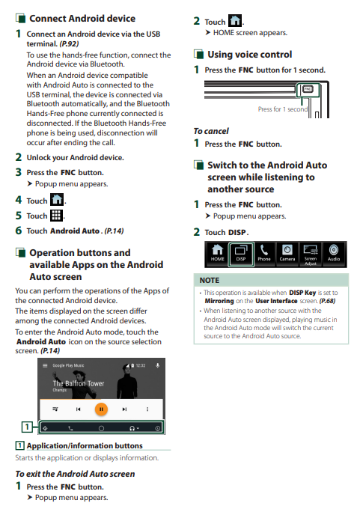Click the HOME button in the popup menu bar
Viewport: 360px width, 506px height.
tap(217, 254)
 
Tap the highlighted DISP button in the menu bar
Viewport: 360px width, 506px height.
tap(241, 254)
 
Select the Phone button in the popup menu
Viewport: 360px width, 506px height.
tap(264, 254)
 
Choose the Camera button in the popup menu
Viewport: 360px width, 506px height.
tap(287, 254)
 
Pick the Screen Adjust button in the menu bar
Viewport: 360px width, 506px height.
tap(311, 254)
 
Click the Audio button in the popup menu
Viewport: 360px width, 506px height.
tap(334, 254)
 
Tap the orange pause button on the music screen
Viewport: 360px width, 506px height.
tap(101, 409)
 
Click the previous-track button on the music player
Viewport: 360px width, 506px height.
tap(78, 409)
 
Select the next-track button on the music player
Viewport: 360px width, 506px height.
tap(124, 409)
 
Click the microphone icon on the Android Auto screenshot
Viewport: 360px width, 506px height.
tap(158, 365)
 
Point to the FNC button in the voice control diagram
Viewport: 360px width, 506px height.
tap(308, 89)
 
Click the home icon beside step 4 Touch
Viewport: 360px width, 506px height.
tap(57, 199)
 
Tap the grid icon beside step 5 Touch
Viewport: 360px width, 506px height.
tap(56, 216)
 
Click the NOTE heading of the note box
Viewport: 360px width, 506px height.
tap(210, 281)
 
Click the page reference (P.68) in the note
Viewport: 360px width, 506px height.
tap(327, 301)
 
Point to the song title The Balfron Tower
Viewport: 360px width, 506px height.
tap(79, 383)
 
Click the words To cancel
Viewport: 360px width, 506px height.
tap(211, 131)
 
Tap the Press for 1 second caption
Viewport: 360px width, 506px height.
tap(283, 109)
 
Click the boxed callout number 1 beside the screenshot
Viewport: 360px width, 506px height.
tap(27, 427)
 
